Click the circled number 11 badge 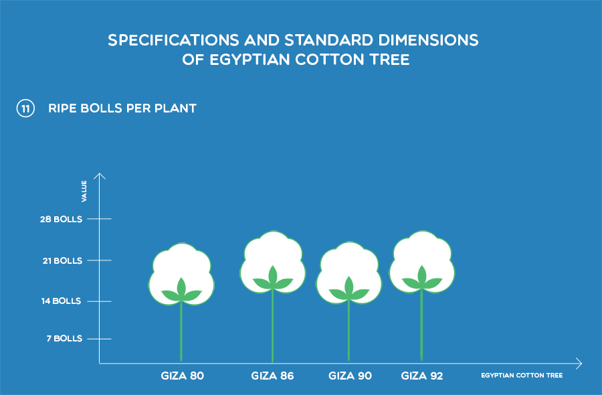tap(25, 108)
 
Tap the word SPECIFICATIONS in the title tap(173, 40)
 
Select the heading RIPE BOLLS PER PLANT tap(122, 108)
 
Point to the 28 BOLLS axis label tap(61, 219)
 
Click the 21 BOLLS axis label tap(62, 260)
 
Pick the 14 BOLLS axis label tap(61, 301)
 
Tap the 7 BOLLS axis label tap(64, 339)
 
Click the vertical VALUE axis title tap(84, 191)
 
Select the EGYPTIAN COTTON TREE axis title tap(522, 376)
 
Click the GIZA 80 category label tap(183, 376)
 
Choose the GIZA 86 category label tap(273, 376)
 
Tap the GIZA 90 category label tap(350, 376)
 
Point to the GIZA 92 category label tap(422, 376)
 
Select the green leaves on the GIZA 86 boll tap(273, 279)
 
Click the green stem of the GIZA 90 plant tap(348, 331)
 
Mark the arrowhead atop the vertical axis tap(100, 175)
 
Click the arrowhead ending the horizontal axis tap(579, 363)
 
